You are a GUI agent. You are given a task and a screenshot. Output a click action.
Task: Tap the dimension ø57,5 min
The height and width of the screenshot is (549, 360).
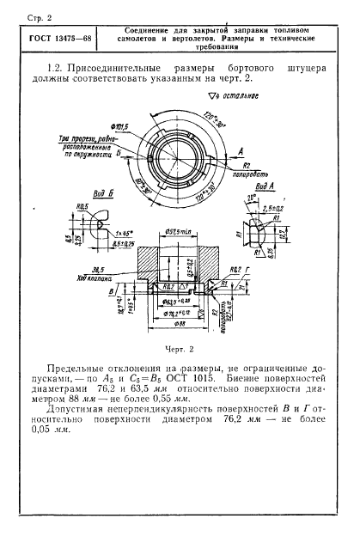click(x=185, y=230)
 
